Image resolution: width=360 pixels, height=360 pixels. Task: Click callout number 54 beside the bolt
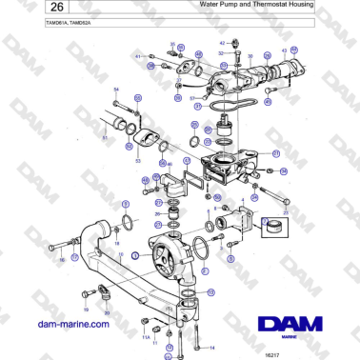[x=116, y=90]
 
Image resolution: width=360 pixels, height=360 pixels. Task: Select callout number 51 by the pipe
[x=104, y=138]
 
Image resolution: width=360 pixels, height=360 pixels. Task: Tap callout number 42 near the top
[x=222, y=43]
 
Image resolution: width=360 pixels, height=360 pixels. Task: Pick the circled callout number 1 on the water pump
[x=135, y=255]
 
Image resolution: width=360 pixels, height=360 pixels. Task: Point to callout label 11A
[x=147, y=337]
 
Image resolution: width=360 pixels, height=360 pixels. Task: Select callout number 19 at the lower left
[x=85, y=309]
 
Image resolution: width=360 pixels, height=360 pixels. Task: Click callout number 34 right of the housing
[x=283, y=170]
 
